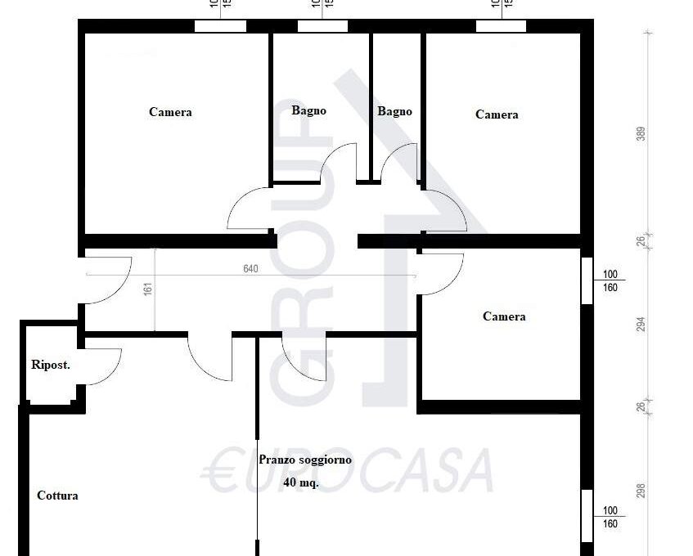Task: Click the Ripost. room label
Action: click(51, 365)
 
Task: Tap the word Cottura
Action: click(57, 495)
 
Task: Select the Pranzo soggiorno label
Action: click(305, 460)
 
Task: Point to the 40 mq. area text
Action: click(301, 482)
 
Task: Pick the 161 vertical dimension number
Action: click(147, 290)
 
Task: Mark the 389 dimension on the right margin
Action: click(641, 134)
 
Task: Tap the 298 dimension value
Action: click(641, 491)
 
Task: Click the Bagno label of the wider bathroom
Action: click(308, 110)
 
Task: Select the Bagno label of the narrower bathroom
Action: click(394, 111)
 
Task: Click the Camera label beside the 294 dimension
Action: click(504, 316)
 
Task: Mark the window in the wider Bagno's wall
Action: click(322, 26)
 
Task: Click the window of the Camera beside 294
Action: click(587, 281)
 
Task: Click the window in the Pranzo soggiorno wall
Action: click(587, 515)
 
